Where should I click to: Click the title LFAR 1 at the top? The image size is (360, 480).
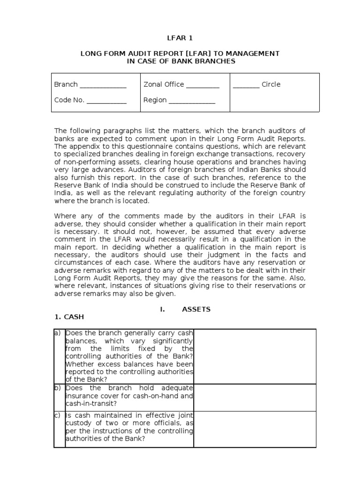point(180,37)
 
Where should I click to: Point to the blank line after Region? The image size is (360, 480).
point(192,101)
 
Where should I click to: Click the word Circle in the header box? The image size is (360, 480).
point(271,84)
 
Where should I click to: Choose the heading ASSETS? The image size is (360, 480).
point(196,309)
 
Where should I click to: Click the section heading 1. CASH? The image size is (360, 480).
point(69,317)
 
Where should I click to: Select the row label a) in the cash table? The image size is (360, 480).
point(58,333)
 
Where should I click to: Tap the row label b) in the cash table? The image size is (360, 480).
point(58,388)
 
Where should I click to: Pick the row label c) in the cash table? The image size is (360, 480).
point(58,415)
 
